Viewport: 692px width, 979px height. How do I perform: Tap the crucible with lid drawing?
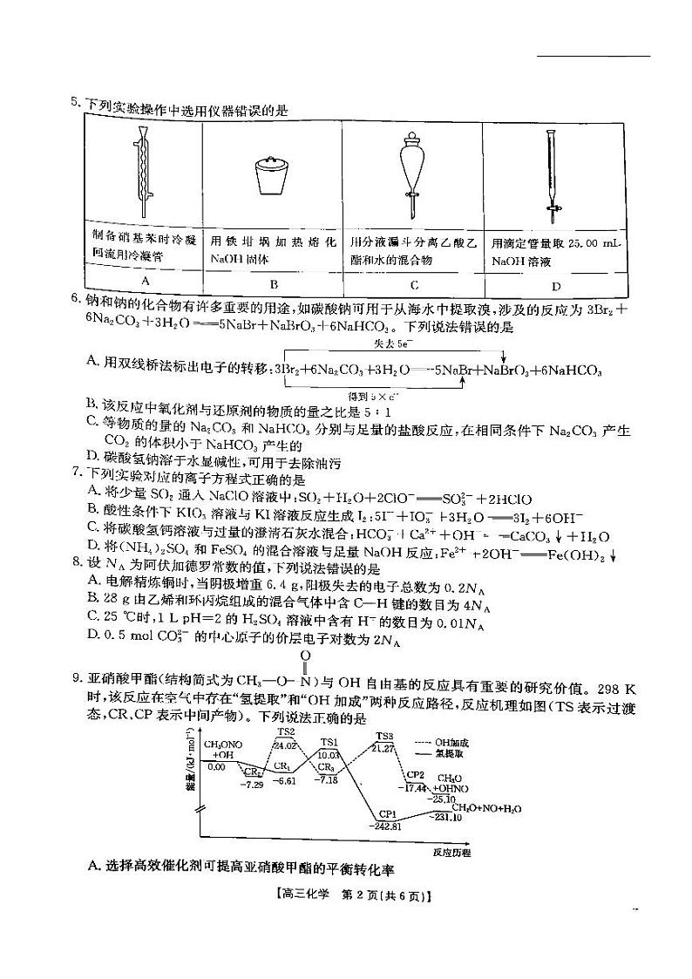(273, 175)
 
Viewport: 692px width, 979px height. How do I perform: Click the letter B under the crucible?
(273, 283)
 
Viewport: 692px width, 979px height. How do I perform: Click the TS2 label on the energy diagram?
(286, 731)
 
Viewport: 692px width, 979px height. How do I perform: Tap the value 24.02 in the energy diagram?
(286, 744)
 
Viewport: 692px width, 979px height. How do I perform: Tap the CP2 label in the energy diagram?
(416, 775)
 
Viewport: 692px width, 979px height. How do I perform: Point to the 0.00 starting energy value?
(216, 766)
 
